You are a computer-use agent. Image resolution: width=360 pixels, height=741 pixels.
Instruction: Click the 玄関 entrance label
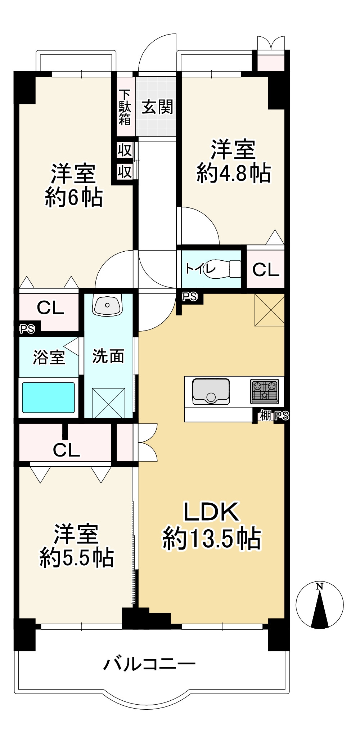point(157,107)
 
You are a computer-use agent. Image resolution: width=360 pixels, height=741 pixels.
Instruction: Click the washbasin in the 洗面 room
point(107,305)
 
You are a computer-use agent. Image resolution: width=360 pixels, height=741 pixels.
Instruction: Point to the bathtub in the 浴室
point(49,397)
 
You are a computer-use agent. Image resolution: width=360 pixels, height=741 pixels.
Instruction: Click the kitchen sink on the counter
point(211,391)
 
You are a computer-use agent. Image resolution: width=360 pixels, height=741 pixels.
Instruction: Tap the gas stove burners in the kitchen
point(265,391)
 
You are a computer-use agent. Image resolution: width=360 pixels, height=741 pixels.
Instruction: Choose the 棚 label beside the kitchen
point(266,416)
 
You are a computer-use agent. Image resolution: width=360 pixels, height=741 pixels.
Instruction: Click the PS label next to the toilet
point(190,296)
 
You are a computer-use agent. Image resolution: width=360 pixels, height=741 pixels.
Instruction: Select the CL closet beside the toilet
point(266,269)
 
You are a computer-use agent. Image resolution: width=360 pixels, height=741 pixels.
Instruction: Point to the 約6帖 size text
point(74,197)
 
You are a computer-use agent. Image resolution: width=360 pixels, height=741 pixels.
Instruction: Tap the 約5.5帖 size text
point(77,557)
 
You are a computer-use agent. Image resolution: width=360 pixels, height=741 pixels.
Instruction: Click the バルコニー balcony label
point(149,664)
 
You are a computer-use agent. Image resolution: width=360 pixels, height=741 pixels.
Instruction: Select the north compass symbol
point(319,605)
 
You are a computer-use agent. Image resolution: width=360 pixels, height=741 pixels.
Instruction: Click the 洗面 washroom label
point(108,356)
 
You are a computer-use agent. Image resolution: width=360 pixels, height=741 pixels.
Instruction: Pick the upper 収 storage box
point(125,150)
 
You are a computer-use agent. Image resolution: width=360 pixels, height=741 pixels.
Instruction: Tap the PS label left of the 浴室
point(27,329)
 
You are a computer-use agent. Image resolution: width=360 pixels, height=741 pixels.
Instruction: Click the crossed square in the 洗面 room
point(108,403)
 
